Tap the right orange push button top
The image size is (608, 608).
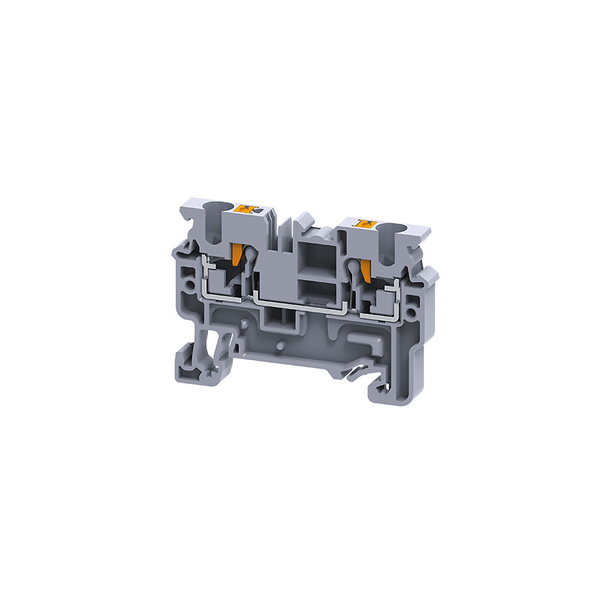pyautogui.click(x=365, y=224)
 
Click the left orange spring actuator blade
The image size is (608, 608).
pyautogui.click(x=237, y=255)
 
